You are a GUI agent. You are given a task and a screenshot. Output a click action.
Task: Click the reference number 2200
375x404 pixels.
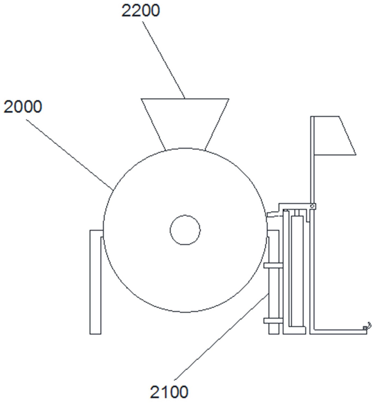pos(141,11)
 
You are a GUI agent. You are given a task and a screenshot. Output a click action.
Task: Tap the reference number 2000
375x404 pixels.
pos(23,107)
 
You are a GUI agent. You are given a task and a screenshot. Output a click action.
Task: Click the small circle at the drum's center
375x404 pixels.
pos(185,230)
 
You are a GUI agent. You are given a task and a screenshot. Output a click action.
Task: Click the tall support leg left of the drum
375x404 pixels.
pos(95,281)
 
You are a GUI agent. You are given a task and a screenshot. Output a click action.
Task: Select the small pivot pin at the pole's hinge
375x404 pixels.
pos(312,206)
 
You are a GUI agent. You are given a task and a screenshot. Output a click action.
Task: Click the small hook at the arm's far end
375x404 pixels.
pos(369,325)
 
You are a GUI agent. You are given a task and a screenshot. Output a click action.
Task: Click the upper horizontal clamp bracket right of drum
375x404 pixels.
pos(273,265)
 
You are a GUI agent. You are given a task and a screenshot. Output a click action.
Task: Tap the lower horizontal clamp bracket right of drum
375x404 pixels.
pos(273,320)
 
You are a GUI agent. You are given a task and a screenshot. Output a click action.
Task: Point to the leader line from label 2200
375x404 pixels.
pos(163,59)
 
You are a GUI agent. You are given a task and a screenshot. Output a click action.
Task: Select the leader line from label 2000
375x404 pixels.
pos(70,154)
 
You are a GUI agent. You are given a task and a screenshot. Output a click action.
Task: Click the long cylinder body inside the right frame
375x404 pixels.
pos(297,271)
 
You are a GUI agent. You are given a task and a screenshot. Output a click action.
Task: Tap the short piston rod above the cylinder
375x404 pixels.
pos(297,213)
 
